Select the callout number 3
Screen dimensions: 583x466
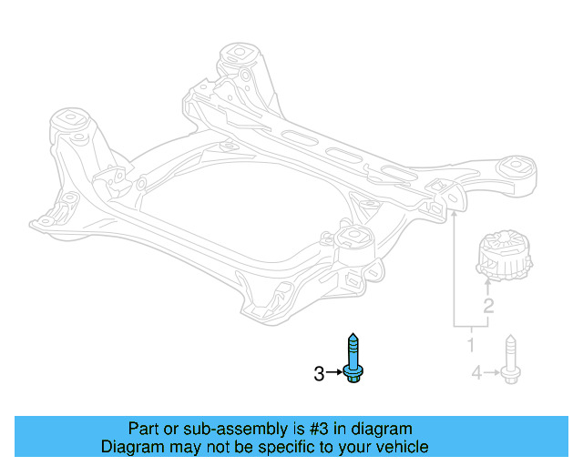[x=319, y=373]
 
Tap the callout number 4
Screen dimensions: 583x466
[x=476, y=371]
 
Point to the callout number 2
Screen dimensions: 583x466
[x=488, y=306]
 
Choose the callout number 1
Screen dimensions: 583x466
[x=471, y=345]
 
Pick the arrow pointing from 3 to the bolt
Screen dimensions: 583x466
[x=335, y=373]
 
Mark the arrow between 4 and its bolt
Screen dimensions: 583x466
[x=490, y=371]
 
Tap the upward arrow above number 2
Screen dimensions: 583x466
[x=488, y=288]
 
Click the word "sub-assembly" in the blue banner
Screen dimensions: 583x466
[x=209, y=429]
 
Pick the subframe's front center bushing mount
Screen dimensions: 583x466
[x=350, y=243]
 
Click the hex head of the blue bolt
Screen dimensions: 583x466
[x=353, y=375]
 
